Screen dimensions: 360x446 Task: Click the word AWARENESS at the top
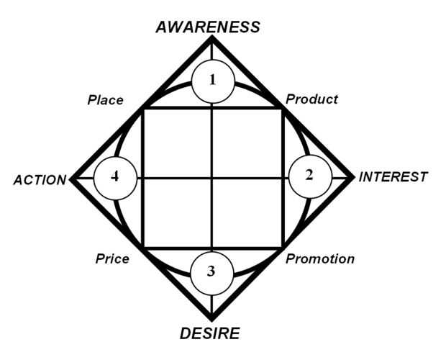(x=208, y=27)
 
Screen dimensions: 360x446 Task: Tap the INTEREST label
(x=393, y=176)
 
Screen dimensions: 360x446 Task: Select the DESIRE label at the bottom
(x=210, y=333)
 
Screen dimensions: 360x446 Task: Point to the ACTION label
(x=40, y=180)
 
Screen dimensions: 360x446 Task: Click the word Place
(x=106, y=100)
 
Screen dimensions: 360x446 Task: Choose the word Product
(x=311, y=99)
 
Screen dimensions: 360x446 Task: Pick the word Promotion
(x=319, y=258)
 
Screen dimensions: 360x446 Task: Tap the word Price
(x=112, y=258)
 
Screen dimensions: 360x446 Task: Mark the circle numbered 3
(x=211, y=272)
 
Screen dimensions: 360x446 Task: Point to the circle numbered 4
(x=114, y=177)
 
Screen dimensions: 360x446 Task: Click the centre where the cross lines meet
(x=211, y=177)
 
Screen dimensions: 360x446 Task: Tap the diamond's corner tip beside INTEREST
(x=353, y=177)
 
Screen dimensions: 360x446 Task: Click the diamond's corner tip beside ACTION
(x=70, y=178)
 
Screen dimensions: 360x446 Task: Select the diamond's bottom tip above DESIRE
(x=211, y=320)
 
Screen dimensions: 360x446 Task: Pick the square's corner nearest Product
(x=281, y=108)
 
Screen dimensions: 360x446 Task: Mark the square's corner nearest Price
(x=143, y=248)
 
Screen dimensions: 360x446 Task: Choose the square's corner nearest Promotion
(x=281, y=248)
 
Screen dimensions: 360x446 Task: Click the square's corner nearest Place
(x=143, y=108)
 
